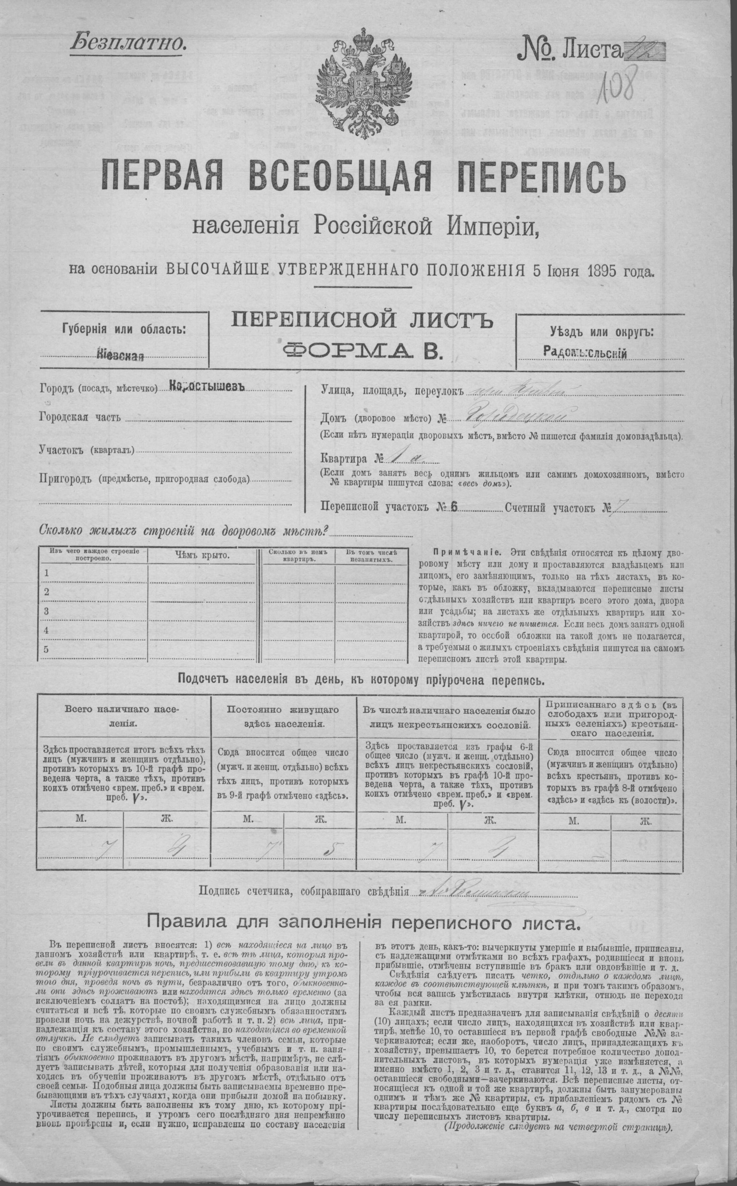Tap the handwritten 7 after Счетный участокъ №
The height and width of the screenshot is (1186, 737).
pyautogui.click(x=621, y=508)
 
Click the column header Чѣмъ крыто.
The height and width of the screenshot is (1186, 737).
pyautogui.click(x=202, y=555)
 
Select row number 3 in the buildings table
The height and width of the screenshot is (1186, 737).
pyautogui.click(x=47, y=611)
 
